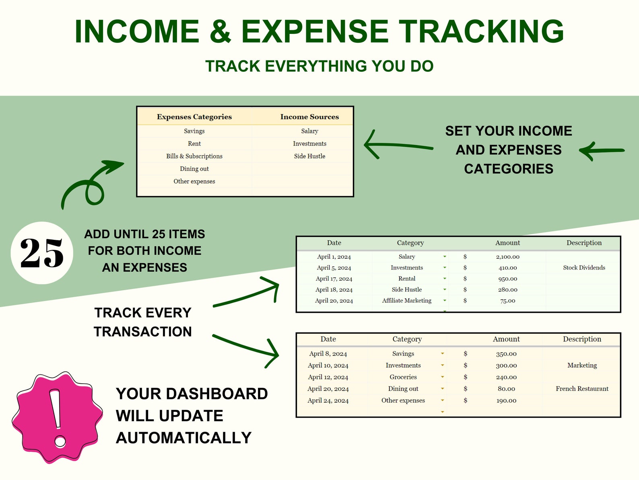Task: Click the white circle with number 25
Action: point(42,253)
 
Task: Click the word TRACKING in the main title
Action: point(481,31)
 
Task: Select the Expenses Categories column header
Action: point(194,117)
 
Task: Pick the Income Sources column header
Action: point(309,117)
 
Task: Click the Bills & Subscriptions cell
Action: point(194,156)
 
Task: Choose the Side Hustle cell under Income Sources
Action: point(309,156)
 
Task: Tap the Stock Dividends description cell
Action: point(584,268)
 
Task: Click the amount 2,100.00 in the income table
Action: point(507,257)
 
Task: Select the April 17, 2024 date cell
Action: point(334,278)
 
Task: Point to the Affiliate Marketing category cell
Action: point(407,301)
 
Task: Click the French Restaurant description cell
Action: point(582,389)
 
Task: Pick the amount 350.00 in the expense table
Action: point(506,354)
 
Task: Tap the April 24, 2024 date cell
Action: point(328,401)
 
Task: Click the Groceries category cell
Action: point(403,377)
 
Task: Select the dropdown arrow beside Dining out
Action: point(443,389)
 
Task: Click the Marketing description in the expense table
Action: point(582,365)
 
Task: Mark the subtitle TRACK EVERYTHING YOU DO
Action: point(319,66)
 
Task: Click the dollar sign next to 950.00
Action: point(465,278)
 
